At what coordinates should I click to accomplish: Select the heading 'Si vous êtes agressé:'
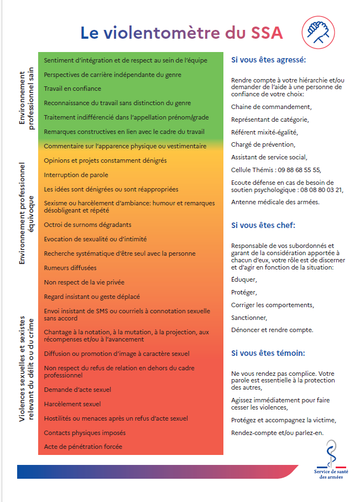[x=268, y=59]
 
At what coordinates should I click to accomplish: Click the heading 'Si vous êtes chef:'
[x=263, y=225]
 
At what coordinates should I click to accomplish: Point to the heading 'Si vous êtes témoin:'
[x=268, y=353]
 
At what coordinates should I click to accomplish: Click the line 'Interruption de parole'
[x=69, y=175]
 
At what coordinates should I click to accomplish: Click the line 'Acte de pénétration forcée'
[x=83, y=446]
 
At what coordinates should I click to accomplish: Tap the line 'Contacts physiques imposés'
[x=85, y=432]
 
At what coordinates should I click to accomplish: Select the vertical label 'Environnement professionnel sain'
[x=27, y=100]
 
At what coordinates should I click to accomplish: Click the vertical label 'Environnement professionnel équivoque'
[x=27, y=213]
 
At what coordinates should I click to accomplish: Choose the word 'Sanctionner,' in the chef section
[x=249, y=318]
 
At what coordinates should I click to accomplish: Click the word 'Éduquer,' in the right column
[x=243, y=280]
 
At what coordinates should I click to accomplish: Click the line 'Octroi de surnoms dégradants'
[x=87, y=225]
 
